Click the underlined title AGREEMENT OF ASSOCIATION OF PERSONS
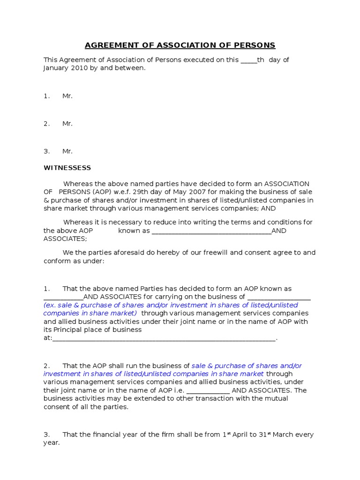(180, 45)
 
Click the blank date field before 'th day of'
(248, 60)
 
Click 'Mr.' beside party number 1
(67, 96)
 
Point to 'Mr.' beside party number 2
(67, 124)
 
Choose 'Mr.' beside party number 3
(67, 151)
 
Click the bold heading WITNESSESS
(67, 168)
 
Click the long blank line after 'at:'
(164, 338)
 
